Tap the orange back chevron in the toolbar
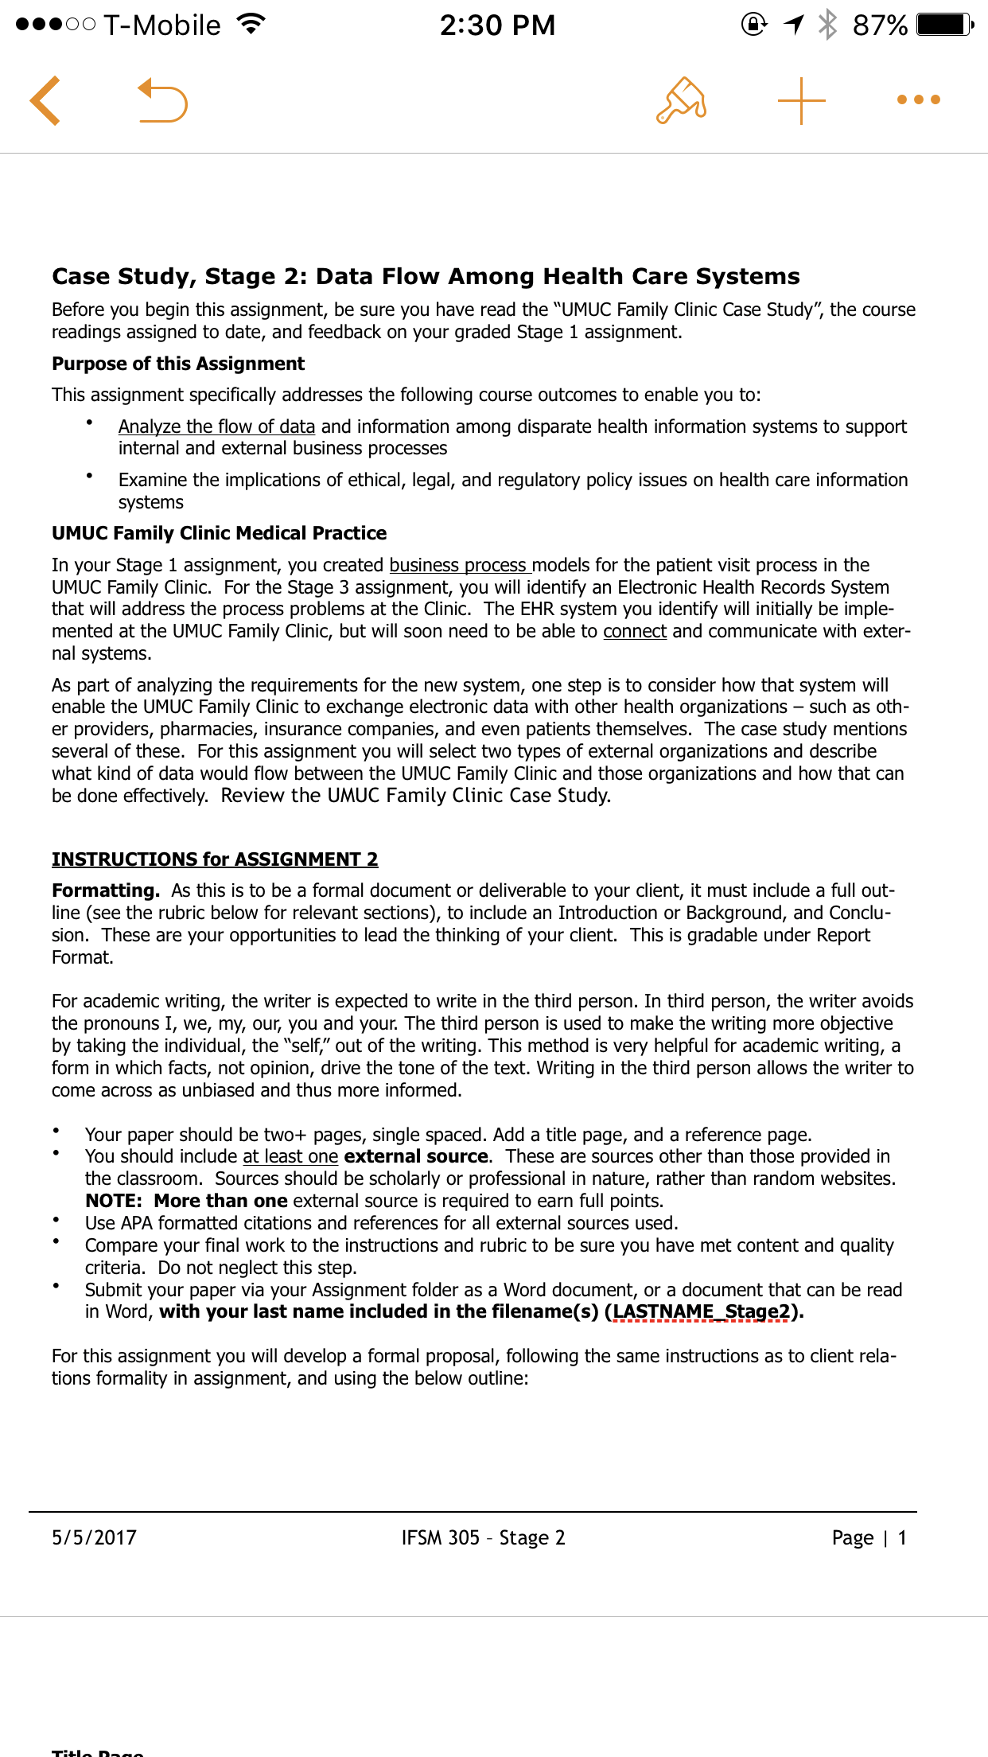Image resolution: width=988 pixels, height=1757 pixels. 45,101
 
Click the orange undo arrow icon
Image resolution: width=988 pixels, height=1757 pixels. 162,101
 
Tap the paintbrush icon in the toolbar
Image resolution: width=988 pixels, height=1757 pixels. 681,101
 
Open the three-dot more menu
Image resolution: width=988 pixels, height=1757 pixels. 918,100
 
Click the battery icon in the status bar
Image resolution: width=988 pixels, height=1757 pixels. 943,25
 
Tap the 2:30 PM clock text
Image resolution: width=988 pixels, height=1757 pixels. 497,25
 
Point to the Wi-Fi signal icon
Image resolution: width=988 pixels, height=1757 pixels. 251,25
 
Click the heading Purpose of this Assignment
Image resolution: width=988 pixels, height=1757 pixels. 178,364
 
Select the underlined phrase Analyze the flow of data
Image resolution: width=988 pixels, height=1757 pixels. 216,427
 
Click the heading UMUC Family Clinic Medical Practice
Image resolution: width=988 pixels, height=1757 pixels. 219,533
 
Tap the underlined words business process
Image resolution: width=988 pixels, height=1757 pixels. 459,565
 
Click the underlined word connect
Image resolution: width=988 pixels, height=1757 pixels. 635,631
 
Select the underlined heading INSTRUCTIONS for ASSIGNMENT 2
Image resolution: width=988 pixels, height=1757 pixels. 215,859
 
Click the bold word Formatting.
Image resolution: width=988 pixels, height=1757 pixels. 105,890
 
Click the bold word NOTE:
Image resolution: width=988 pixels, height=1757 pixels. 114,1201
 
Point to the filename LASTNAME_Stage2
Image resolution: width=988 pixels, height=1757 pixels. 702,1311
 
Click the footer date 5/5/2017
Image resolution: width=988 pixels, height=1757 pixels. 94,1537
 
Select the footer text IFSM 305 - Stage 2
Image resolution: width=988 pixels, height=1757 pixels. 483,1537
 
